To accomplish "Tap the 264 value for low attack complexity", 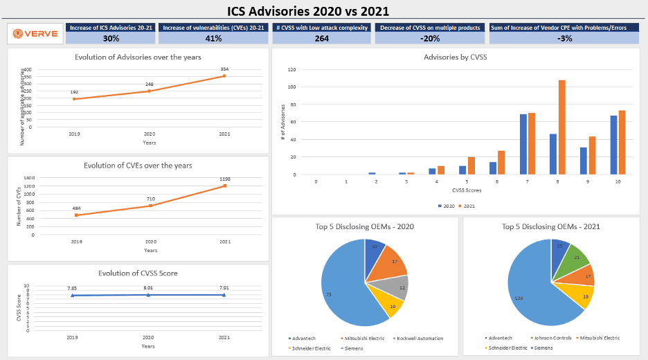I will click(321, 39).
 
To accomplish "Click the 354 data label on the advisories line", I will click(224, 69).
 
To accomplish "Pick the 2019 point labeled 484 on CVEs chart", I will click(76, 215).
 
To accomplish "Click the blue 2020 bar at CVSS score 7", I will click(523, 145).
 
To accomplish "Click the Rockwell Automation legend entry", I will click(419, 339).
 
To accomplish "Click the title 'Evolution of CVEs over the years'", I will click(138, 165).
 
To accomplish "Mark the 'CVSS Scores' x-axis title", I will click(466, 189).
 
